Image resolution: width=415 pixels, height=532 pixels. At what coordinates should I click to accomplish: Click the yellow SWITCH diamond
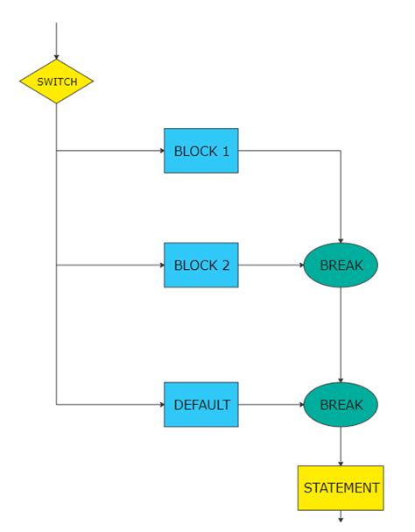click(56, 82)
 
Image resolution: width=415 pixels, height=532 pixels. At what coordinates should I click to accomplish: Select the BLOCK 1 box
click(200, 151)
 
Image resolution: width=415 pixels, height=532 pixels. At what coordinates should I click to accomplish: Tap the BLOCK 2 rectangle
click(200, 265)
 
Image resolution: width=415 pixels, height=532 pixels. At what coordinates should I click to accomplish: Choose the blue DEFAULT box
click(200, 405)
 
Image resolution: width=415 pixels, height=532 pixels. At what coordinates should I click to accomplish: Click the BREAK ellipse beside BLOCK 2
click(341, 265)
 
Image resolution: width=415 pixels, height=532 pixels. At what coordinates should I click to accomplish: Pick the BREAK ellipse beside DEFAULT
click(341, 405)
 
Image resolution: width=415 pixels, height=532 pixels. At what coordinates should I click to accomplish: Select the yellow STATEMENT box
click(341, 488)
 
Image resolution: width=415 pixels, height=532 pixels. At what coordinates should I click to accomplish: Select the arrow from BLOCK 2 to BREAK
click(271, 265)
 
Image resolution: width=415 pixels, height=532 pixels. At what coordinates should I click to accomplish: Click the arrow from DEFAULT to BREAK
click(271, 405)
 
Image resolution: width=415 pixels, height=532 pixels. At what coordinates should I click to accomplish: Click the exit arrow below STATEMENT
click(341, 517)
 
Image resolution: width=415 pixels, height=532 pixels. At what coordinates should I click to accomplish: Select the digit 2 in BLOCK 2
click(225, 265)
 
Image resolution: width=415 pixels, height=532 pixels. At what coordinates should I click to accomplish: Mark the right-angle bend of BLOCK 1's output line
click(341, 151)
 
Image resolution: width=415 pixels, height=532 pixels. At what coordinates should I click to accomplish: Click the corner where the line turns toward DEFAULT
click(56, 405)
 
